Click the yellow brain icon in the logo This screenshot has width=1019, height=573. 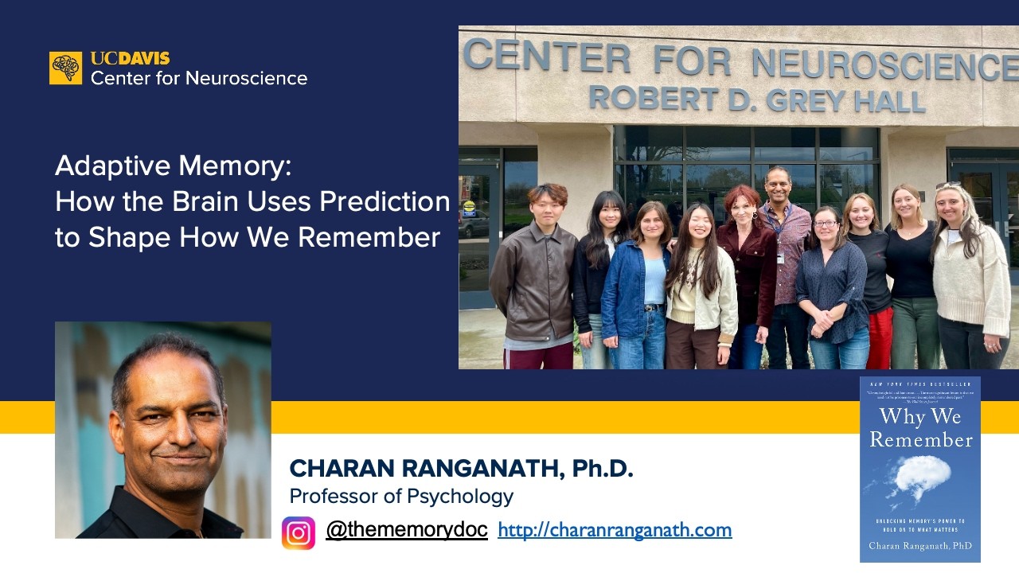click(65, 68)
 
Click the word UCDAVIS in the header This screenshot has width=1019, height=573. click(130, 59)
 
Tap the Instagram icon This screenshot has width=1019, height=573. click(299, 532)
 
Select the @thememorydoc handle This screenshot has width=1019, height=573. click(406, 529)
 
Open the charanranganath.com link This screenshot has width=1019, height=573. click(614, 530)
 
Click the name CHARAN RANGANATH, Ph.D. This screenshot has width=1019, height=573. click(461, 469)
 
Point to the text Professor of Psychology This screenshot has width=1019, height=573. click(401, 497)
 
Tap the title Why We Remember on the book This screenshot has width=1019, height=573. click(920, 427)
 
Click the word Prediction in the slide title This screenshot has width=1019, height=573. click(385, 202)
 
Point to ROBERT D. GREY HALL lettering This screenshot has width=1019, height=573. click(756, 99)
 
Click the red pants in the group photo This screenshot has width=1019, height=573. click(881, 339)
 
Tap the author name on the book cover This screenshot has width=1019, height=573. click(919, 545)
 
